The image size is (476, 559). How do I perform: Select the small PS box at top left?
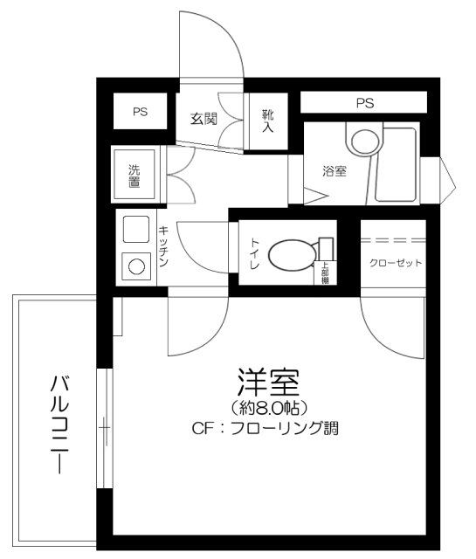(140, 112)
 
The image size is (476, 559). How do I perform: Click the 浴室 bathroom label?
(335, 171)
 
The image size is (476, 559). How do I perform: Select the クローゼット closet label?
(396, 263)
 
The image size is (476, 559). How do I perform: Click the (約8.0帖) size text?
(268, 408)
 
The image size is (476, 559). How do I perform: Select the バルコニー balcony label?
(59, 423)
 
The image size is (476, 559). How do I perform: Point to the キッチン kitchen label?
(163, 247)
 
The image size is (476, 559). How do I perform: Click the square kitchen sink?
(135, 230)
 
